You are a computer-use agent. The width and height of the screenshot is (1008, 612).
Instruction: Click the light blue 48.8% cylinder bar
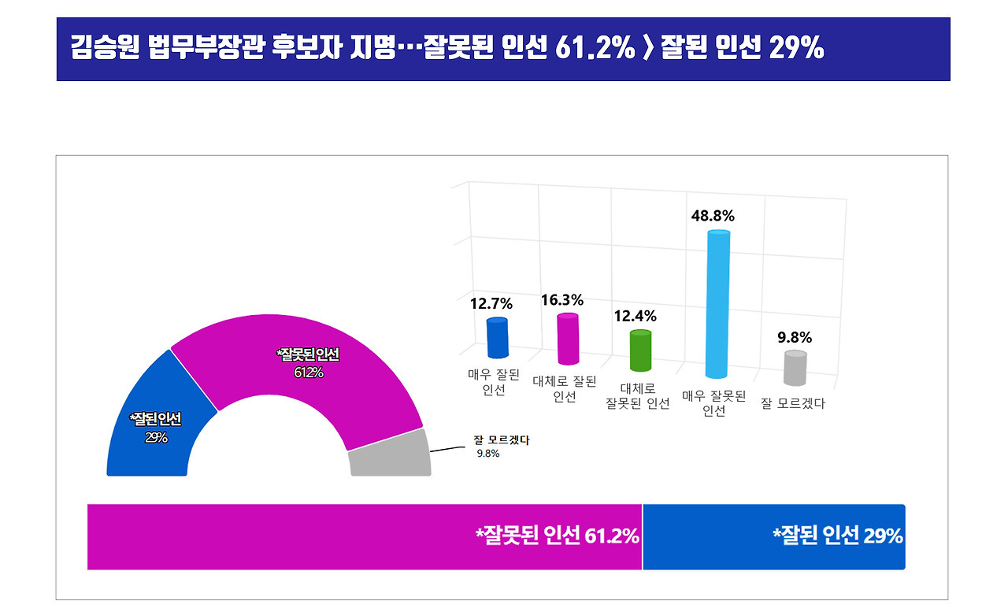(717, 304)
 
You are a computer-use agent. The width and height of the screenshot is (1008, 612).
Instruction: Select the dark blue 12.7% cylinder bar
(498, 337)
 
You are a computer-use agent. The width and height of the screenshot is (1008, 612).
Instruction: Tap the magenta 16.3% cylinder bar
(568, 339)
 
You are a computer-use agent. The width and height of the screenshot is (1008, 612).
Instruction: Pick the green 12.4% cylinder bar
(641, 351)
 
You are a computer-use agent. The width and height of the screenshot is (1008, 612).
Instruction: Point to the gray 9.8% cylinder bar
(795, 368)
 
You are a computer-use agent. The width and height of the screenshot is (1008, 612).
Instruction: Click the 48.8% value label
(713, 216)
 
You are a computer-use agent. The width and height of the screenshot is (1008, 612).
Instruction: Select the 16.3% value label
(562, 300)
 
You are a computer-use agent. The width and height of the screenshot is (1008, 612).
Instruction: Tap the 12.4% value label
(636, 317)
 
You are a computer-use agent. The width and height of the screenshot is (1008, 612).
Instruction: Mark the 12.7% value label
(491, 304)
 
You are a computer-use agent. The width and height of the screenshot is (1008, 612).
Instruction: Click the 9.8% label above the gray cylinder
(795, 337)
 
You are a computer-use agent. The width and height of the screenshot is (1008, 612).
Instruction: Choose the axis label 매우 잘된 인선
(494, 382)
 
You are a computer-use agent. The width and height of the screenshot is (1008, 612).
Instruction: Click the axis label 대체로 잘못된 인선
(638, 396)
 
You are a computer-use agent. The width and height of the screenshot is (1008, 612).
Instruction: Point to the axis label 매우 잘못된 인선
(714, 403)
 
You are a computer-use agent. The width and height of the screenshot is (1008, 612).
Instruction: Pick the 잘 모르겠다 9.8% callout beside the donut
(502, 447)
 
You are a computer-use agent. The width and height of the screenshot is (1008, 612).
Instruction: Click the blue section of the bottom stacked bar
(774, 537)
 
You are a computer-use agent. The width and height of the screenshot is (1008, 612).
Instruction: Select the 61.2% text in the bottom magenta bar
(612, 536)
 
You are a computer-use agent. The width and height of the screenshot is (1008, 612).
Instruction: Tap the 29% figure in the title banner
(796, 48)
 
